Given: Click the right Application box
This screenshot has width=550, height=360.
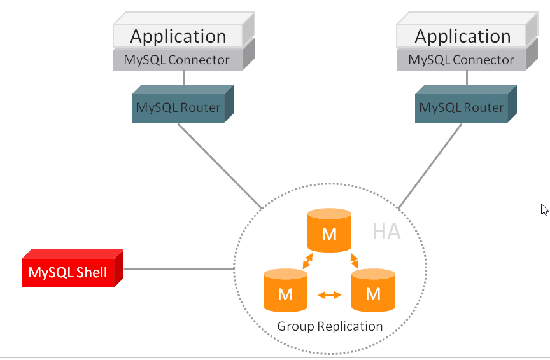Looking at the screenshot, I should [462, 36].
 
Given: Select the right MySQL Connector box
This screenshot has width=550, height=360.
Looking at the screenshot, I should [461, 60].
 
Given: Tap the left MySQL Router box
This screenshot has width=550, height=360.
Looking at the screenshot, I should [178, 107].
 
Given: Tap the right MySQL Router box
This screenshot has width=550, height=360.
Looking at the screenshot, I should [461, 107].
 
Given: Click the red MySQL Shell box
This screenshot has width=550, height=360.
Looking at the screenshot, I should [68, 273].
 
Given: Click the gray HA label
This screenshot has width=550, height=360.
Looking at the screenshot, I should [386, 232].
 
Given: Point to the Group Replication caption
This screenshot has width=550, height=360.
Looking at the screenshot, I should [330, 326].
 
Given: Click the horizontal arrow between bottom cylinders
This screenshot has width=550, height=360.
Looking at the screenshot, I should [329, 294].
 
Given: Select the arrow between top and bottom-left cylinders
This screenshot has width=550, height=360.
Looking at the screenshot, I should [307, 260].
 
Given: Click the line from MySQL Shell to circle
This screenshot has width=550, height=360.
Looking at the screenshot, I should [178, 268].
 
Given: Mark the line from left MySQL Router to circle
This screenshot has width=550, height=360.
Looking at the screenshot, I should [220, 165].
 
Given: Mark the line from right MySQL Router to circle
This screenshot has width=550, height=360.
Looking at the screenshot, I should [430, 166].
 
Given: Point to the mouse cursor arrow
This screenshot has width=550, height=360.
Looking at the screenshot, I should [544, 209].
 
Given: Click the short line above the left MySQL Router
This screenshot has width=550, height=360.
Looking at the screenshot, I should [183, 78].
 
